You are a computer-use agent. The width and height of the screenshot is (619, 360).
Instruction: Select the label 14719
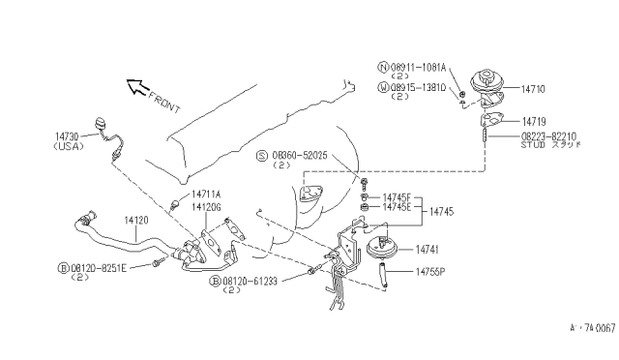[535, 121]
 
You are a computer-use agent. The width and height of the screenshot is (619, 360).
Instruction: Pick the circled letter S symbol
[261, 155]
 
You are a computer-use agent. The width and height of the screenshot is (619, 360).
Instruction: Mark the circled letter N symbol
[382, 68]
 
